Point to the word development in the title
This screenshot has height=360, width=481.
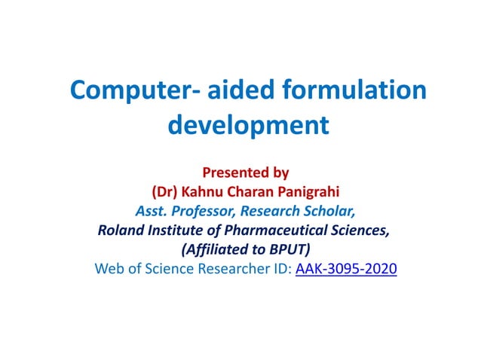[x=248, y=124]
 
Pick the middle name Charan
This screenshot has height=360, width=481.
[x=254, y=191]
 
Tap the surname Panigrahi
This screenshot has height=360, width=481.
[x=313, y=191]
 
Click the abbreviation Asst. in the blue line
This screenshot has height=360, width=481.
[x=151, y=210]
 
